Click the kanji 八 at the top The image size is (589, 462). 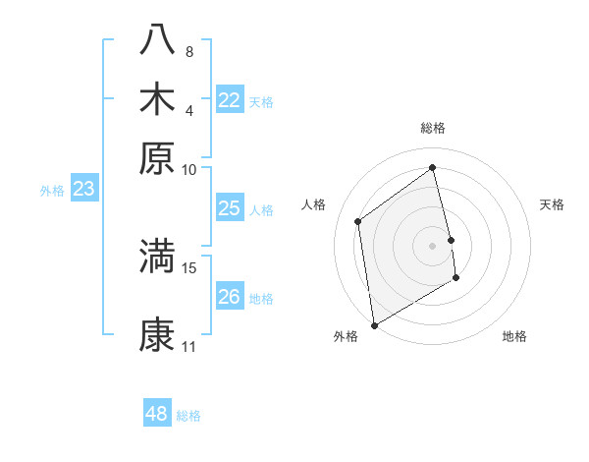(x=157, y=39)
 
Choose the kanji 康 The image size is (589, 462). (x=157, y=334)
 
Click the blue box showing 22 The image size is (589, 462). (x=230, y=100)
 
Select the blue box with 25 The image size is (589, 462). (x=230, y=208)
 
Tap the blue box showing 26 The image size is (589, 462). (x=230, y=297)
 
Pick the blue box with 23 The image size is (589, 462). (x=83, y=190)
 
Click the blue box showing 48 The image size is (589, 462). (x=157, y=414)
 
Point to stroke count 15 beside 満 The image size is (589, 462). (x=189, y=267)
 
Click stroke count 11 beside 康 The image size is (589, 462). (x=189, y=346)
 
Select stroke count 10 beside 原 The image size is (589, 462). (x=189, y=169)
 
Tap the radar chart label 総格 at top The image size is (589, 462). (x=433, y=128)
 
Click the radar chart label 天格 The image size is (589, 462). (x=552, y=204)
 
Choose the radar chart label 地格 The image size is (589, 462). (x=514, y=336)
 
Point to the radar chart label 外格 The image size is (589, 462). (x=346, y=336)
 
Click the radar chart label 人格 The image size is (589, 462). (x=314, y=204)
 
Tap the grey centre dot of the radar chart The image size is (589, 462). (x=433, y=245)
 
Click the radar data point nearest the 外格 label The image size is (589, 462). (x=374, y=324)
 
